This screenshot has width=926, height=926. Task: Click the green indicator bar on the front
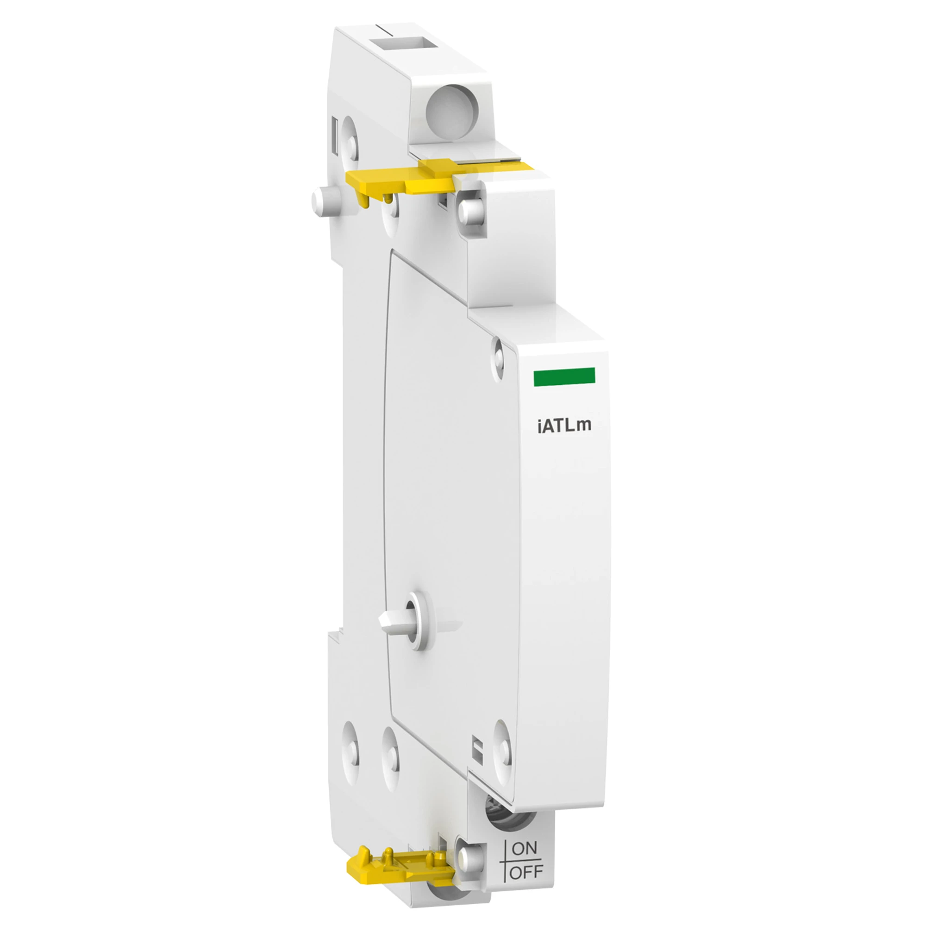(564, 376)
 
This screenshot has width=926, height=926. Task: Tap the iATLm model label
(564, 425)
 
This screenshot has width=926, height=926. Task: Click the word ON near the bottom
(525, 849)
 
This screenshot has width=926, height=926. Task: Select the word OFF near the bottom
(526, 872)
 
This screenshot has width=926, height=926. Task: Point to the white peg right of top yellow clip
(471, 210)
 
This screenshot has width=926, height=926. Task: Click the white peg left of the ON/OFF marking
(467, 857)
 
